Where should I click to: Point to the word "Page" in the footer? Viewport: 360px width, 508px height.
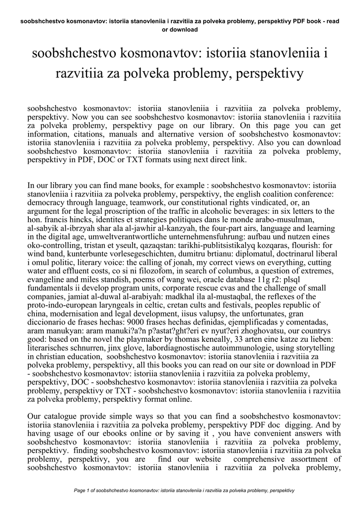click(x=80, y=491)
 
